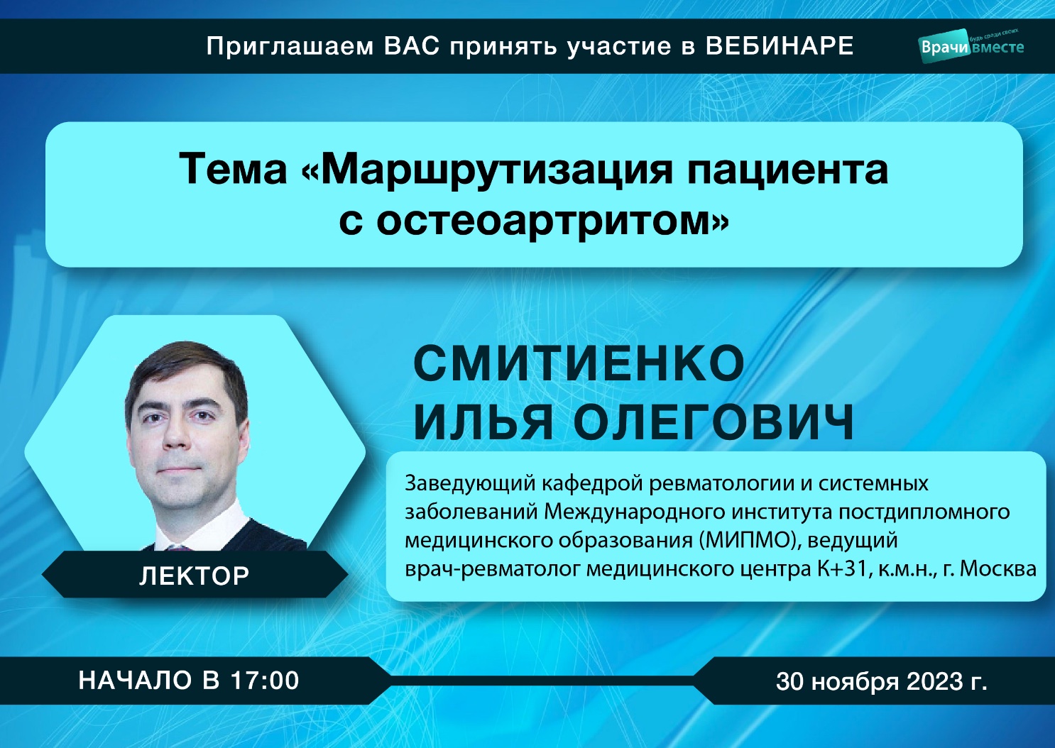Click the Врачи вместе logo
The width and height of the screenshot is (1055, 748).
click(972, 45)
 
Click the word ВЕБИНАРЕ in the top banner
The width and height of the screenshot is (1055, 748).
click(780, 46)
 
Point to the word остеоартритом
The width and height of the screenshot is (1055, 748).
click(551, 221)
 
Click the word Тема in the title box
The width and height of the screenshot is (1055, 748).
click(233, 170)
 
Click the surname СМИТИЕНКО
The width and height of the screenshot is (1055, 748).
click(579, 364)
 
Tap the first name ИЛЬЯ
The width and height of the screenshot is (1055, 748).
click(482, 422)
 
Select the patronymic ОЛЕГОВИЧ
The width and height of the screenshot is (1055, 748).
click(714, 422)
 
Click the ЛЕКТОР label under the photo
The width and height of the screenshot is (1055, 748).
click(194, 576)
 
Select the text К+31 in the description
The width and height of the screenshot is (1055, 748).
click(841, 569)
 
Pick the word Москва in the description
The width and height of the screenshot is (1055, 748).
click(999, 569)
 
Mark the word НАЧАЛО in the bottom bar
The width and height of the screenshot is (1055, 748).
click(136, 681)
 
